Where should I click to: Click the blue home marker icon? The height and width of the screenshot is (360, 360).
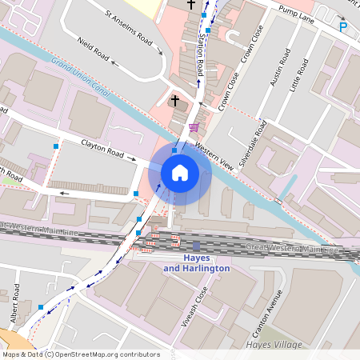(x=180, y=172)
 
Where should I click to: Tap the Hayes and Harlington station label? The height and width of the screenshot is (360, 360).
(x=196, y=263)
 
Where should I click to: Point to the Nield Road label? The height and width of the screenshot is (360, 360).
(x=94, y=53)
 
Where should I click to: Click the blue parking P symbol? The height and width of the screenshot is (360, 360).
(x=343, y=27)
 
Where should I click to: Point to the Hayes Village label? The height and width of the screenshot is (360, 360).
(x=276, y=345)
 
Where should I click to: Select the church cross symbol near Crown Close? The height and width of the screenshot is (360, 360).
(x=176, y=101)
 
